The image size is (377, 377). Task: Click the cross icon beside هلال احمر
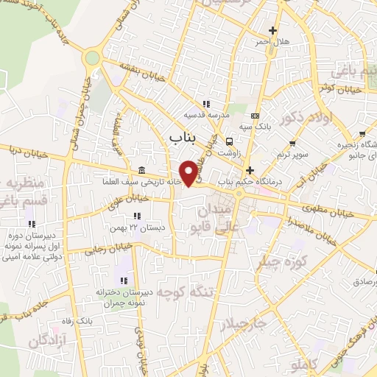pos(272,31)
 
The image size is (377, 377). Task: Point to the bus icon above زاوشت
pos(230,142)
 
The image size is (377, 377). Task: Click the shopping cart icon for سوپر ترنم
pos(293,143)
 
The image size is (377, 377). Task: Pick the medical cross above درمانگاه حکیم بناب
pos(250,169)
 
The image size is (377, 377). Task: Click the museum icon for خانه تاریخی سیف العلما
pos(141,170)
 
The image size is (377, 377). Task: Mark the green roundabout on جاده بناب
pos(92,57)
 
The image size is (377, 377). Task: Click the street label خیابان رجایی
pos(88,250)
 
